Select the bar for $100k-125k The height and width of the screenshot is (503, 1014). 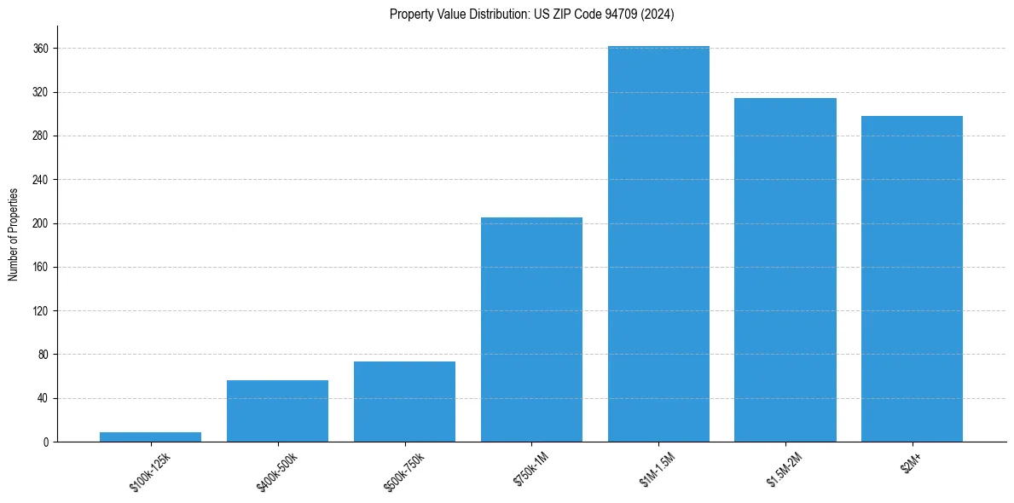150,437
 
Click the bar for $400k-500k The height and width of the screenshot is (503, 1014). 277,411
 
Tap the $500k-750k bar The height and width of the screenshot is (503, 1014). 404,402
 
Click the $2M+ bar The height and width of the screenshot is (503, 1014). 912,279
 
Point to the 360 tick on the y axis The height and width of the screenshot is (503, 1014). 40,49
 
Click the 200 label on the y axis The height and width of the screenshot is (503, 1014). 40,223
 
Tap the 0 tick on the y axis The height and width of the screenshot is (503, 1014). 46,442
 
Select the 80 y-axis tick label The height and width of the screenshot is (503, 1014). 43,355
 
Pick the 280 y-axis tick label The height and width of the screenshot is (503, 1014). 40,136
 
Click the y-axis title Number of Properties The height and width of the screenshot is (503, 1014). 14,234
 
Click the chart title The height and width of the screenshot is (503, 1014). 531,14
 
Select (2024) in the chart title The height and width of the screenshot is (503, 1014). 658,14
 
